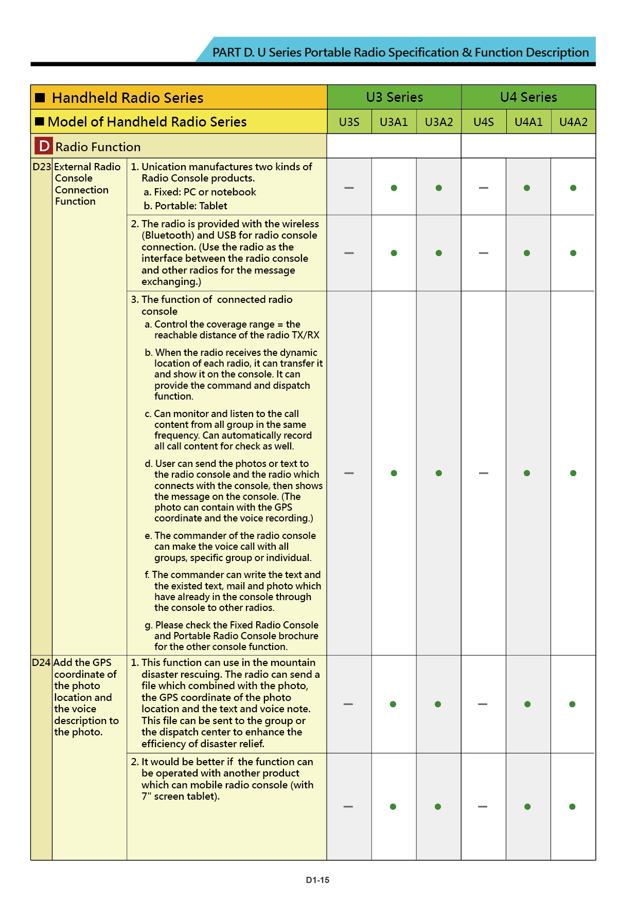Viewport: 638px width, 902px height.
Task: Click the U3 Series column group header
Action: pos(394,97)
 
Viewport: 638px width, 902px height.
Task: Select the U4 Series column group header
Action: pos(528,97)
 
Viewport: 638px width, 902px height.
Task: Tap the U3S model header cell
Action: pos(349,122)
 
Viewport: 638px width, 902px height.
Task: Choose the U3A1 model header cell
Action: pos(394,122)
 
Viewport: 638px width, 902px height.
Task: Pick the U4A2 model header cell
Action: pos(573,122)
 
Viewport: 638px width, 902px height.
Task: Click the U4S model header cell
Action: pos(484,122)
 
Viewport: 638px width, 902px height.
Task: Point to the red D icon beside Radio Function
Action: pos(44,147)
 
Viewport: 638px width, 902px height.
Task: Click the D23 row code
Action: pos(42,167)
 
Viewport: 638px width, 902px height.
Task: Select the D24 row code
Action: pos(41,663)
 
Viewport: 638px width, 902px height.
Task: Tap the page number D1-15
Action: pos(317,880)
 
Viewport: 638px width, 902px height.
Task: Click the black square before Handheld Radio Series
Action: pos(40,98)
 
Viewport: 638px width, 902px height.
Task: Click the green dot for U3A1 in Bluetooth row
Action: pos(394,253)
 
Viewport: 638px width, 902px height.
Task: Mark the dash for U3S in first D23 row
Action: pos(349,188)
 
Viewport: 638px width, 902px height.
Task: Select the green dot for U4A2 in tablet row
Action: pos(572,806)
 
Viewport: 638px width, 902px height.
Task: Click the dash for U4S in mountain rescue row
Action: pos(483,704)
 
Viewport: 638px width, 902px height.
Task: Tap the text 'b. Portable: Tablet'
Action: pos(185,206)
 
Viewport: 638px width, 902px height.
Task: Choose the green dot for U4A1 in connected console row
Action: pos(527,473)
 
